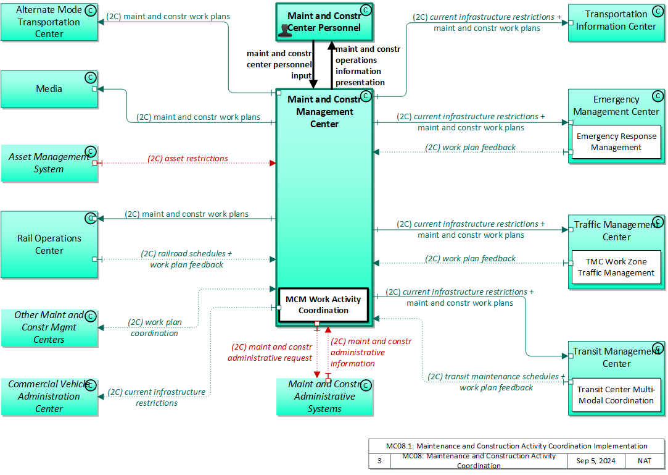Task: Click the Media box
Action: point(49,89)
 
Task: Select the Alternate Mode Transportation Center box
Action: point(49,22)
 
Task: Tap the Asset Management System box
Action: point(49,163)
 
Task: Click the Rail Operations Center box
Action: point(49,245)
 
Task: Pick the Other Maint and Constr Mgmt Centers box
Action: point(49,327)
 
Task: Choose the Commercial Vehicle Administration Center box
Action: point(49,397)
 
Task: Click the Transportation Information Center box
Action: point(616,22)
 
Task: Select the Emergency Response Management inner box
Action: point(616,142)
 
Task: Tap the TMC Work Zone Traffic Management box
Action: point(616,267)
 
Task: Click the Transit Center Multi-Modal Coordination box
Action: point(616,395)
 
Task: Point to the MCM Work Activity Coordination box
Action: point(323,305)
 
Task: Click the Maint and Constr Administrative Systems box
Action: point(324,397)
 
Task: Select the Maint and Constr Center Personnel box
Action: point(324,22)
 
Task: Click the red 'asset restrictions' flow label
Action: point(188,159)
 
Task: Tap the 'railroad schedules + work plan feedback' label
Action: point(187,259)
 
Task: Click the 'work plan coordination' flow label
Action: point(155,327)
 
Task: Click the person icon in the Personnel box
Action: point(285,30)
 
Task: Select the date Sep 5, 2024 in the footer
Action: point(595,461)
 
